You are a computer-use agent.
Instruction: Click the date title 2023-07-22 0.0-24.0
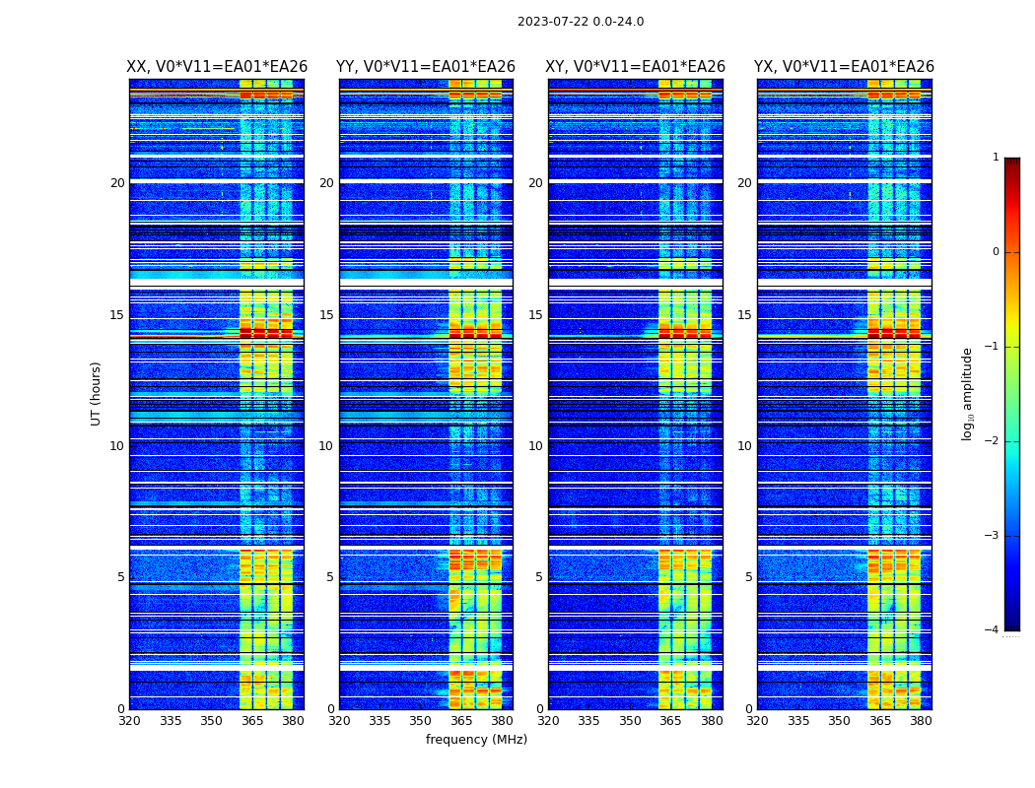click(581, 22)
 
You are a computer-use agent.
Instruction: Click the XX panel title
click(217, 67)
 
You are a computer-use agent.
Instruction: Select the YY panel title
click(426, 67)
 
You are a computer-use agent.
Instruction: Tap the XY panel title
click(636, 67)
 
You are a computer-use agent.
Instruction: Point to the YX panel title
click(845, 67)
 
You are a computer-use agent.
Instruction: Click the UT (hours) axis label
click(97, 393)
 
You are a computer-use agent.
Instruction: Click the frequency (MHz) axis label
click(476, 740)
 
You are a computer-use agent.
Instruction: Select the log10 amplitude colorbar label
click(968, 393)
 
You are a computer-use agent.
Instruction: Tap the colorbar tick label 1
click(996, 158)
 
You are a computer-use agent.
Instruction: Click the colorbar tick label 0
click(996, 252)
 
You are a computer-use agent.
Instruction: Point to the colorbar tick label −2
click(994, 441)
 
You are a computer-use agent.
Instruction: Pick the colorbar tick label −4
click(994, 630)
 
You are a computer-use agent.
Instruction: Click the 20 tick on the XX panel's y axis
click(117, 183)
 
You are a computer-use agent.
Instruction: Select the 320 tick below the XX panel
click(129, 721)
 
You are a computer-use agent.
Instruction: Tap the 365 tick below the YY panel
click(461, 721)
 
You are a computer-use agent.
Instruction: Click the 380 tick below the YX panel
click(921, 721)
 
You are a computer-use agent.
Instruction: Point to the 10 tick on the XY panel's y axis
click(535, 446)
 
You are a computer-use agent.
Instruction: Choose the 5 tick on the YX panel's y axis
click(748, 577)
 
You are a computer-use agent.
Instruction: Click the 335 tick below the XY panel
click(589, 721)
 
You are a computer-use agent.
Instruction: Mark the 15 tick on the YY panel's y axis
click(326, 315)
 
